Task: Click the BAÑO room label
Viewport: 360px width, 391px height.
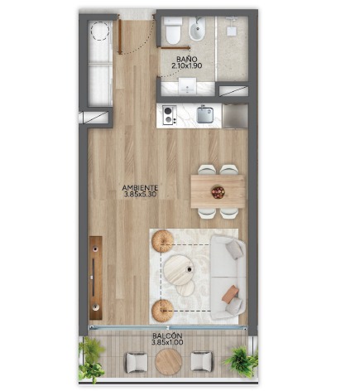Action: pos(187,59)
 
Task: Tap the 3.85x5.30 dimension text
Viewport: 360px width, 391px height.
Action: pos(141,195)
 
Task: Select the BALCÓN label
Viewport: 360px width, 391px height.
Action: pos(167,336)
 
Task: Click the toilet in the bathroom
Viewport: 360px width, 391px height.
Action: pos(174,31)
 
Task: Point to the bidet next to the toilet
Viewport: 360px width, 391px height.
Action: pos(197,30)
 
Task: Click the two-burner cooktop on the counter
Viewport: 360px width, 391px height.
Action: pos(170,115)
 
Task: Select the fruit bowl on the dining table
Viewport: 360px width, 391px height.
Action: pos(218,192)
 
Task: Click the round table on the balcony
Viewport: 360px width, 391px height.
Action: pos(168,362)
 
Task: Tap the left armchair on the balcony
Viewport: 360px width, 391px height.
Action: pos(137,362)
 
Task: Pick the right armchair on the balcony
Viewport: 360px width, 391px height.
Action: pos(202,361)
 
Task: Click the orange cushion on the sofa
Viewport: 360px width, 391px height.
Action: pos(230,294)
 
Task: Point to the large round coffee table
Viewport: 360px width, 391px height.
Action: pos(179,270)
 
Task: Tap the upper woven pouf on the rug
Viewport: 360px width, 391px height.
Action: pos(163,241)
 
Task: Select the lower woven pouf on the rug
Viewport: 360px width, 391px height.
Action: pos(163,311)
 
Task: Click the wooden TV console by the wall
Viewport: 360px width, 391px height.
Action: pos(96,278)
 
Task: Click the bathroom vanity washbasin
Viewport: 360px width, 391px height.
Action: pos(187,86)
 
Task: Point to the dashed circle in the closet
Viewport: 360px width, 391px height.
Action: pos(100,31)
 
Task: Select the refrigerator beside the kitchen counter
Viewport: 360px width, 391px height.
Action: pos(235,116)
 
